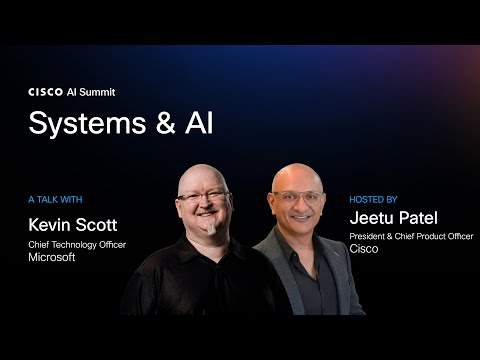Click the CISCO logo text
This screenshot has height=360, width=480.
point(45,91)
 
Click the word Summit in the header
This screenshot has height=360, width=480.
point(96,91)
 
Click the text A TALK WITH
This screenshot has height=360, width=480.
point(56,199)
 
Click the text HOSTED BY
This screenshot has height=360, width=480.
point(373,199)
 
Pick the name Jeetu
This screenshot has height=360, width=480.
point(374,218)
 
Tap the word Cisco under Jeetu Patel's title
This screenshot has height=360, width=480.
point(362,251)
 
